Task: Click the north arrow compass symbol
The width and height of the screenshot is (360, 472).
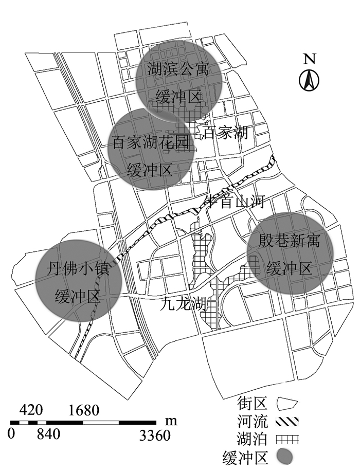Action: [309, 79]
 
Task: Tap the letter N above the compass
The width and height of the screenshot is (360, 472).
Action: [309, 59]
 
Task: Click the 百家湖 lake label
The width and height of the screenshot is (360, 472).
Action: [226, 134]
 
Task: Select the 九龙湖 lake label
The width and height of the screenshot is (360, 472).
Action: [182, 304]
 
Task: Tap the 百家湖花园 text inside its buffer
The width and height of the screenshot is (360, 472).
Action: [151, 142]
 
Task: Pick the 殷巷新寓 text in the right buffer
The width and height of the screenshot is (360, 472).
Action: [290, 241]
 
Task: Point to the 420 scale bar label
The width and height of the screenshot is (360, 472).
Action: [32, 410]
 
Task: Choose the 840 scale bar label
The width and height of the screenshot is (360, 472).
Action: [48, 435]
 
